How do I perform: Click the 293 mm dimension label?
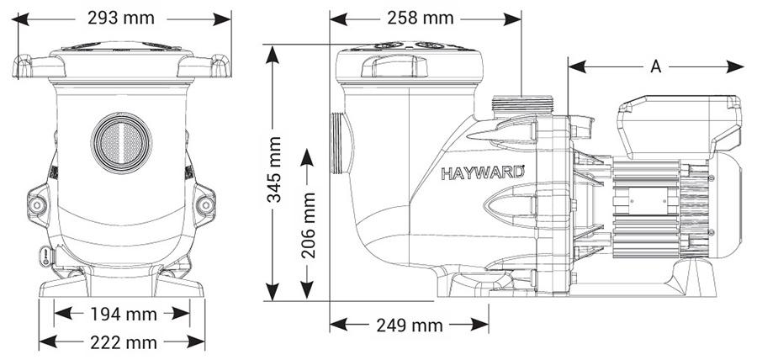coord(122,17)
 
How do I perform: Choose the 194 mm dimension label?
coord(123,314)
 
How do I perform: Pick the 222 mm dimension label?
coord(123,341)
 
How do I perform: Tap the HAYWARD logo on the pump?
coord(483,175)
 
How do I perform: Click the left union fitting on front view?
coord(39,204)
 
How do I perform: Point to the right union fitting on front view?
coord(204,204)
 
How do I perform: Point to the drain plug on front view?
coord(45,255)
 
